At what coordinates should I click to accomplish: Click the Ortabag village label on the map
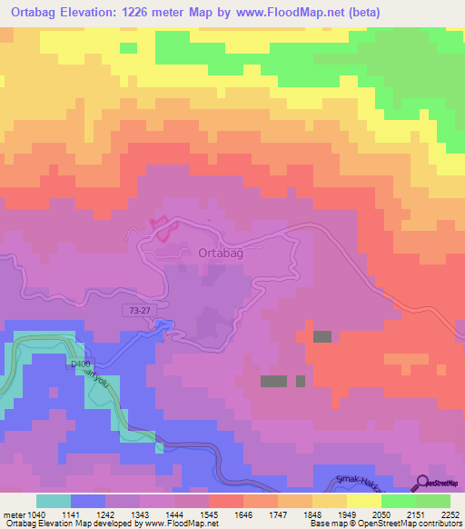click(x=221, y=255)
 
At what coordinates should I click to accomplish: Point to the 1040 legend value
click(x=36, y=514)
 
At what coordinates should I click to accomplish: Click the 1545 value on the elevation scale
click(x=209, y=514)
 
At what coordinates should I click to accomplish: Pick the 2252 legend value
click(x=450, y=514)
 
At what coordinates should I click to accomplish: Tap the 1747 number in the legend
click(x=278, y=514)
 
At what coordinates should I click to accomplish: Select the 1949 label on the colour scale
click(x=347, y=514)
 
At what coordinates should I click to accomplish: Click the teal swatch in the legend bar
click(x=54, y=501)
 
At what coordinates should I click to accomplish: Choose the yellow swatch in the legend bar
click(x=364, y=501)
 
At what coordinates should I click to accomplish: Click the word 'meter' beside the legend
click(x=14, y=514)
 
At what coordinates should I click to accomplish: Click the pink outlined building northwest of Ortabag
click(x=160, y=228)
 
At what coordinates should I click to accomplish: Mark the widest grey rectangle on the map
click(x=274, y=381)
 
